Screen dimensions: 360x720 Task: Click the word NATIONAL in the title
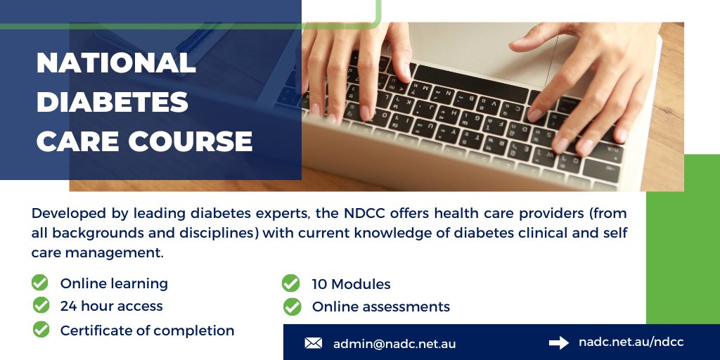click(116, 64)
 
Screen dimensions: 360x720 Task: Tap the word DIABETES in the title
click(112, 103)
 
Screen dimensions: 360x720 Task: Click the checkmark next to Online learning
click(40, 283)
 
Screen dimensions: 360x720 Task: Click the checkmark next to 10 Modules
click(290, 283)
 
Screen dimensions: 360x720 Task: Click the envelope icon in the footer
click(314, 343)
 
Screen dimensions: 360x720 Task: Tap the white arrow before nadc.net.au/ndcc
click(559, 342)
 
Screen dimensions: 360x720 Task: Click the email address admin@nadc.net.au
click(394, 344)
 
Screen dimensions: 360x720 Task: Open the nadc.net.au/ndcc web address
click(631, 342)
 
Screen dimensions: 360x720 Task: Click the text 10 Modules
click(351, 284)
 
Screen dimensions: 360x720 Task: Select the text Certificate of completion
click(147, 330)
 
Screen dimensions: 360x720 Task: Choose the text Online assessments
click(380, 307)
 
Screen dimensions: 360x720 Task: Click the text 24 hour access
click(111, 306)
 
